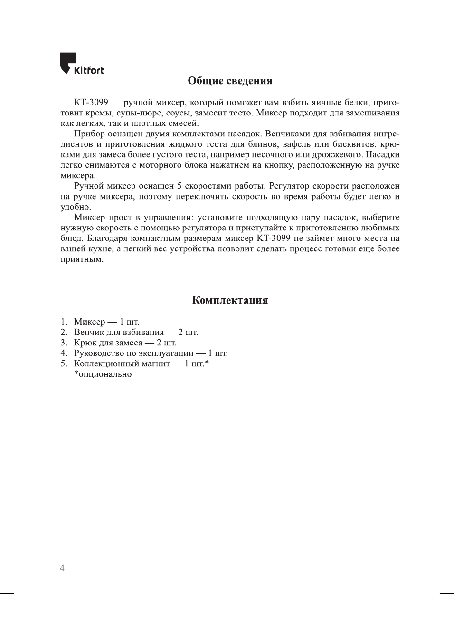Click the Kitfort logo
(82, 64)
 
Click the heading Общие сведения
(230, 81)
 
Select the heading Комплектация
(230, 300)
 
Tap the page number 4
(62, 568)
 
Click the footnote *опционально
(103, 374)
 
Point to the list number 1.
(63, 322)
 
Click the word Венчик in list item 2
(88, 333)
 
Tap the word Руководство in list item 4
(102, 353)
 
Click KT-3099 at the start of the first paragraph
(91, 103)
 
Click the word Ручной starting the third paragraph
(89, 186)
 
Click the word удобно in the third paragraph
(75, 207)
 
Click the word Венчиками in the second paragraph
(287, 134)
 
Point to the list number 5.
(63, 364)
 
